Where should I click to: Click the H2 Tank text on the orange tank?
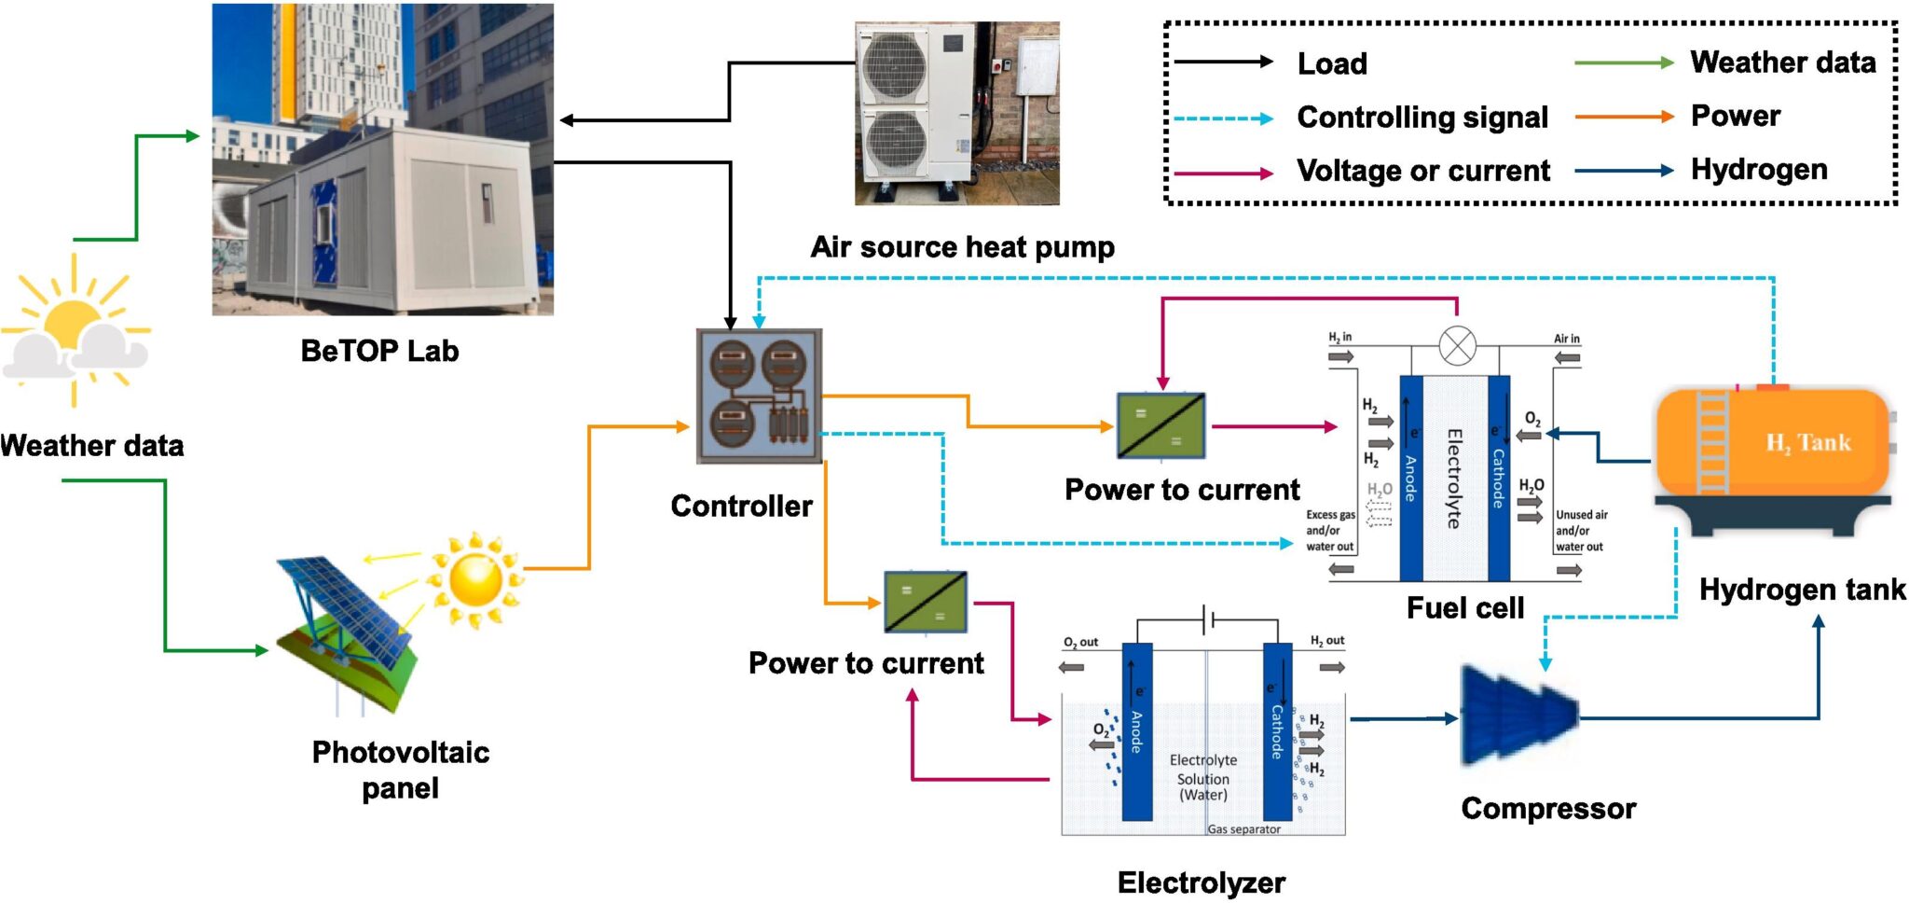[1807, 443]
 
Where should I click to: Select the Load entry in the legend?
[1332, 63]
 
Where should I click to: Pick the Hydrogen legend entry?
[1758, 170]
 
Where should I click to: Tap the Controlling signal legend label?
[1421, 118]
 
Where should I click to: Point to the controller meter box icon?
[759, 396]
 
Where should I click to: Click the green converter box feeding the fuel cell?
[1161, 425]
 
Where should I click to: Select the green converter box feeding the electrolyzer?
[925, 603]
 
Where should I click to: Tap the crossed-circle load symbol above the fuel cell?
[1457, 346]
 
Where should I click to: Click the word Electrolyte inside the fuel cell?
[1453, 479]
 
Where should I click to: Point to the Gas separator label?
[1243, 829]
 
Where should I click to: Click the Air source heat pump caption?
[961, 247]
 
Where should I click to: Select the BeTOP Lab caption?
[379, 351]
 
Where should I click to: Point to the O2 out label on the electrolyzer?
[1080, 642]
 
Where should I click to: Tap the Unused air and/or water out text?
[1580, 531]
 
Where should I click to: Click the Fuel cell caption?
[1464, 608]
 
